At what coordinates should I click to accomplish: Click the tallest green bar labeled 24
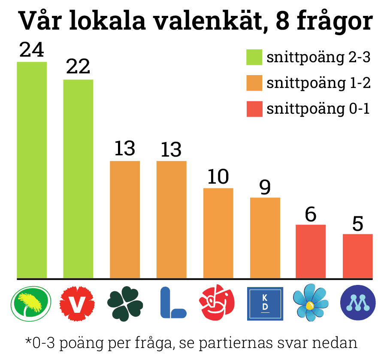pos(32,170)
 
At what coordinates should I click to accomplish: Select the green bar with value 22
pos(78,179)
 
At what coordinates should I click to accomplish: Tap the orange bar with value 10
pos(218,233)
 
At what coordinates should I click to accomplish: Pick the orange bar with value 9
pos(265,238)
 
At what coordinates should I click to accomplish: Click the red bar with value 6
pos(311,251)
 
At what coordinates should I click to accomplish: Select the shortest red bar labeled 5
pos(358,256)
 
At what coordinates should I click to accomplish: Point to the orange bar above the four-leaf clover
pos(125,220)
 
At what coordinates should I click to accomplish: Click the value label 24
pos(32,50)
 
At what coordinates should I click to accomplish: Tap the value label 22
pos(78,67)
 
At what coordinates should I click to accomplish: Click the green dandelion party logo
pos(31,303)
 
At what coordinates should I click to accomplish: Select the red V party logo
pos(77,303)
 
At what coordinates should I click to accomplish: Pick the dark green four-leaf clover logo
pos(125,303)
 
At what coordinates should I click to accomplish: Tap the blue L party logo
pos(173,303)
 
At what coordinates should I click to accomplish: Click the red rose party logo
pos(217,302)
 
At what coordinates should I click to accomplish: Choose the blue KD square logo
pos(265,303)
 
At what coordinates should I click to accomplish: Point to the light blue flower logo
pos(311,303)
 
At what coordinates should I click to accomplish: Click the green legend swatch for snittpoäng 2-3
pos(254,57)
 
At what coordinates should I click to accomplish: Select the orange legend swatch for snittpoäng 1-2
pos(254,83)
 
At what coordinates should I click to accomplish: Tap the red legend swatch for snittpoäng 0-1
pos(254,109)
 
